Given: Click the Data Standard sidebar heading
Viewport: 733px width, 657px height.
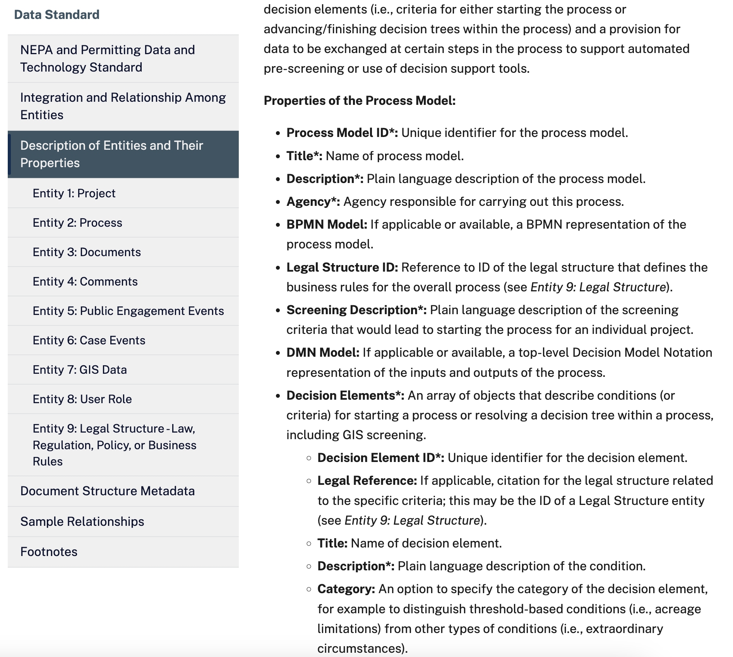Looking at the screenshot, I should (x=57, y=15).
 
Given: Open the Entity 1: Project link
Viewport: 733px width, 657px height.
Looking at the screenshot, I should (x=74, y=193).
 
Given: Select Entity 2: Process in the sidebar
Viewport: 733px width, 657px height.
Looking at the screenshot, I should (x=77, y=222).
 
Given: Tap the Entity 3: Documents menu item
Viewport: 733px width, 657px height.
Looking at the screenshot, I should (x=87, y=252).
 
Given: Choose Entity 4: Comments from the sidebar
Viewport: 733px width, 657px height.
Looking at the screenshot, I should (x=85, y=281).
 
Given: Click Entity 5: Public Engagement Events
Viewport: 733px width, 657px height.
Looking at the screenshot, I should (x=128, y=311).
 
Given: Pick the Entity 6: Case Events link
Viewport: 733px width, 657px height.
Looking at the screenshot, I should (x=89, y=340).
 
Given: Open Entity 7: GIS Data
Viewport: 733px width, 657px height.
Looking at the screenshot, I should (x=80, y=370).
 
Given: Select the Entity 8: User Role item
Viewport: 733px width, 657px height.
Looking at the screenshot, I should (x=82, y=399).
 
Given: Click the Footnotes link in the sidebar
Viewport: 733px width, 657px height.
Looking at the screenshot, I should (x=49, y=551).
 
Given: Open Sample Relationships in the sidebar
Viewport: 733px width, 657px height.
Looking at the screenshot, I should (x=82, y=521).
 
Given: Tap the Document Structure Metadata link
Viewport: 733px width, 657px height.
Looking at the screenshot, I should (x=107, y=491).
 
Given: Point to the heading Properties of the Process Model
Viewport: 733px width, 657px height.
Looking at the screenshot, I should (x=360, y=101).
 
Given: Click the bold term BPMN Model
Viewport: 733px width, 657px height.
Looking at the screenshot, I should (x=327, y=224).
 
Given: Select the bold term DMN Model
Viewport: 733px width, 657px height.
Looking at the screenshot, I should (x=323, y=352).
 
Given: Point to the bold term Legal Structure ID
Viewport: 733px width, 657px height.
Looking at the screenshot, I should (x=342, y=267).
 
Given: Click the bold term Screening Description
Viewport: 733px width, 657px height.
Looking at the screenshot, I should (x=356, y=310).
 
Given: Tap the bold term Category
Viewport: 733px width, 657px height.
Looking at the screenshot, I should (x=346, y=589).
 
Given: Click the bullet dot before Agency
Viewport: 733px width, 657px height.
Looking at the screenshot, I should (x=278, y=202).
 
